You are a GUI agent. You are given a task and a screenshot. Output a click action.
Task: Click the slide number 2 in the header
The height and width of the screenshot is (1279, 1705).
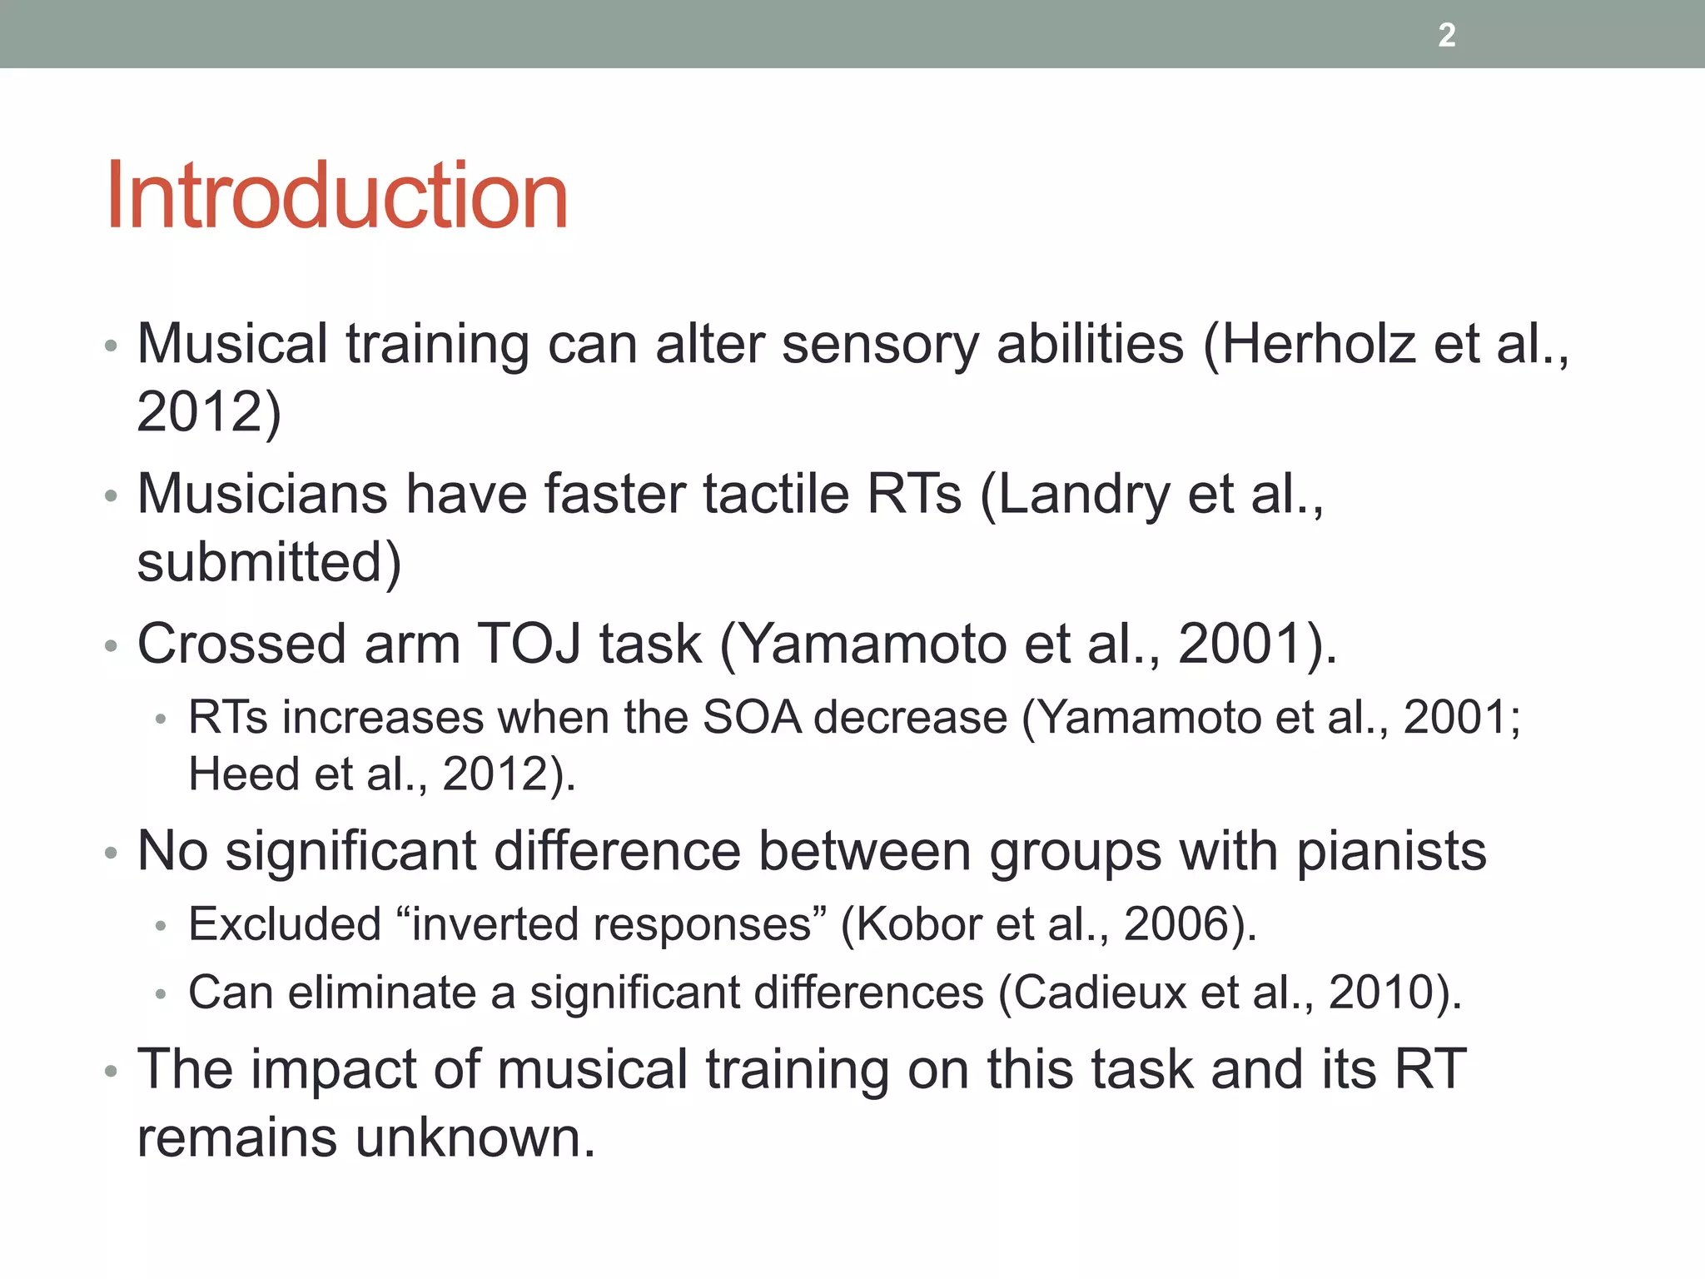[1447, 35]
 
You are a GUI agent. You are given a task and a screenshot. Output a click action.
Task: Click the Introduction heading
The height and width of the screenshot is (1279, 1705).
[336, 196]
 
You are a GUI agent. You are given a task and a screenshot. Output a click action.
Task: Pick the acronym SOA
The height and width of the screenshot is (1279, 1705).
[752, 717]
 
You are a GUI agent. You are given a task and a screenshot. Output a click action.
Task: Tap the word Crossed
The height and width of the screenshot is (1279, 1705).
[241, 644]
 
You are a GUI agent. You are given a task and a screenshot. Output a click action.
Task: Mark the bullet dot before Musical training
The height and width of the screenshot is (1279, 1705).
[112, 346]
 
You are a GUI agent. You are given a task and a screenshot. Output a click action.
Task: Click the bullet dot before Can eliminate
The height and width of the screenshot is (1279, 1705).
[162, 994]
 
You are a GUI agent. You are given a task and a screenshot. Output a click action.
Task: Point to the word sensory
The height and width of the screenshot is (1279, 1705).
[879, 345]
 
